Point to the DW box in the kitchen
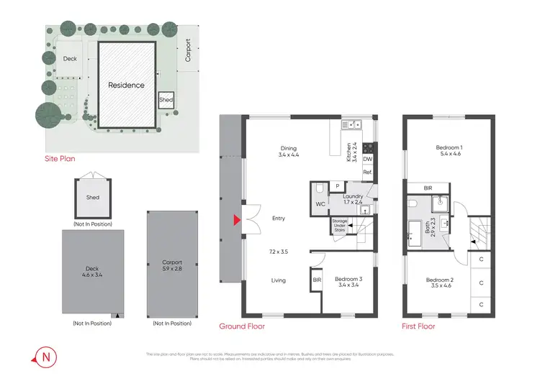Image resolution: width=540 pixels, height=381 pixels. click(367, 159)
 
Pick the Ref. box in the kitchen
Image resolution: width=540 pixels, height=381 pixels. click(367, 173)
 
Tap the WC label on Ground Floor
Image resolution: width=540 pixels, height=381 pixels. click(320, 203)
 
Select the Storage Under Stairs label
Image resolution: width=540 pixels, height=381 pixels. click(339, 226)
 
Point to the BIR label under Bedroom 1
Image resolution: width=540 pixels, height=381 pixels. click(428, 188)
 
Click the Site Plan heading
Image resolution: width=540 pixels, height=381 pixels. click(60, 158)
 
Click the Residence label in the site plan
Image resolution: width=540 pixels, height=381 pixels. click(126, 85)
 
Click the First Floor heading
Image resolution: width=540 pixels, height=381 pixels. click(418, 326)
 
